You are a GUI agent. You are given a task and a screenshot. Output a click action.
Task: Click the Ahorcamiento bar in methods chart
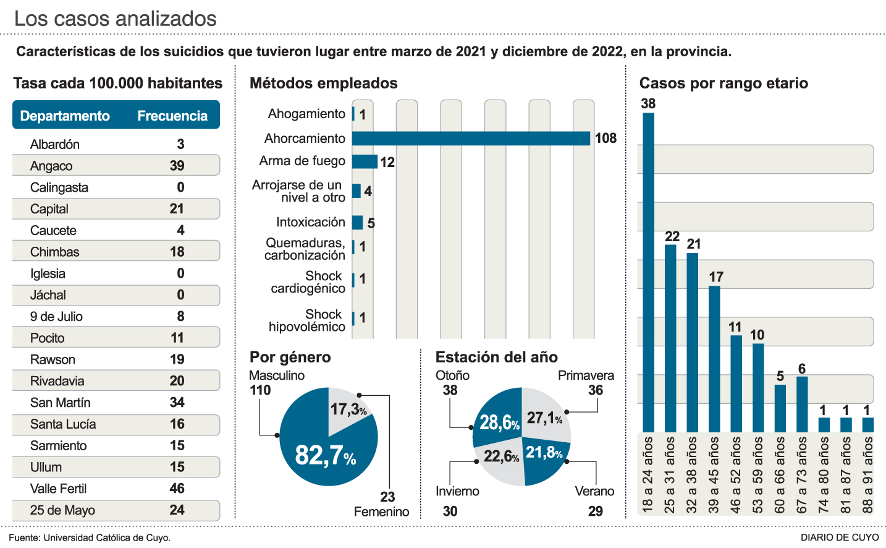coord(471,139)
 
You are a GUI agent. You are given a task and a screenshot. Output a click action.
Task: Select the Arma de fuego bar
coord(365,161)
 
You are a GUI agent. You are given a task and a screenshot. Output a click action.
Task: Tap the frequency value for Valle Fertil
coord(177,489)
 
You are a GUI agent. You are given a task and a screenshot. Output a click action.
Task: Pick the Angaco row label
coord(51,166)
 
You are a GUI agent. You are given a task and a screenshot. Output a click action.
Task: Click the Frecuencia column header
coord(172,116)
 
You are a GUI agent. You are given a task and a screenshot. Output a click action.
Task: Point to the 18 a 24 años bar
coord(648,272)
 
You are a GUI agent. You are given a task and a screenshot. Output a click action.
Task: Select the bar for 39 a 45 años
coord(714,359)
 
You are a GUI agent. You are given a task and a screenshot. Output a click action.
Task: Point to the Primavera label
coord(586,375)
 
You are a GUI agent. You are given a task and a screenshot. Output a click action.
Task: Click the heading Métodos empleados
coord(323,83)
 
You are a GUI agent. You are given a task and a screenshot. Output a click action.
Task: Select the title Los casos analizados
coord(116,19)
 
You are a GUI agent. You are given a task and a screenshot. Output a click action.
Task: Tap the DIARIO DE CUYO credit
coord(840,537)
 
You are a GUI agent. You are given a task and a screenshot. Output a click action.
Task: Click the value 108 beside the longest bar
coord(605,139)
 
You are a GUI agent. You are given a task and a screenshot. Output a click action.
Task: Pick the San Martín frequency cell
coord(177,403)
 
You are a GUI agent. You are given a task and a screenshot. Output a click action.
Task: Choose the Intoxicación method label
coord(310,222)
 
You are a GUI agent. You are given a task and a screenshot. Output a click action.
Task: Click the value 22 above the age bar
coord(672,236)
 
